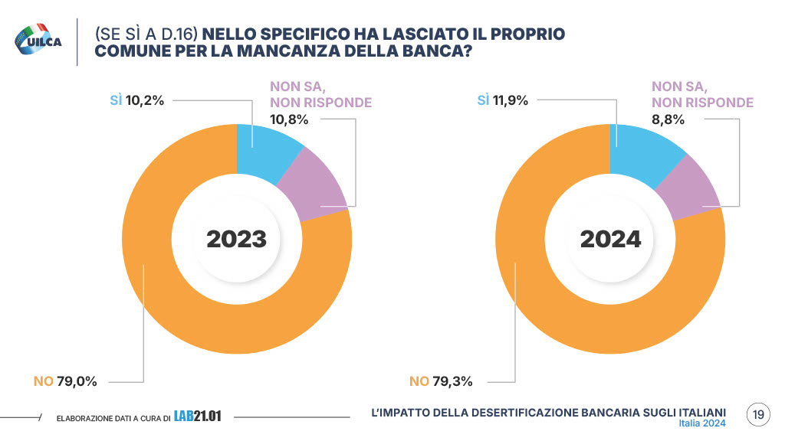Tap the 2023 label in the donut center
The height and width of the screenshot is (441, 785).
(x=236, y=239)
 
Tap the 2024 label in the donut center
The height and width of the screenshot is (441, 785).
(x=610, y=239)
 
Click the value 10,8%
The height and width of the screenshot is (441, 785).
(x=289, y=119)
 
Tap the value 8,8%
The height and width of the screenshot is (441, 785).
(x=668, y=119)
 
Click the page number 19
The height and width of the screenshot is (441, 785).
(x=758, y=415)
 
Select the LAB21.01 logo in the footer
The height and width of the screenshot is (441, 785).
(x=198, y=416)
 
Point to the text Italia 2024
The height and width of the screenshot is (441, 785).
(x=702, y=423)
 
